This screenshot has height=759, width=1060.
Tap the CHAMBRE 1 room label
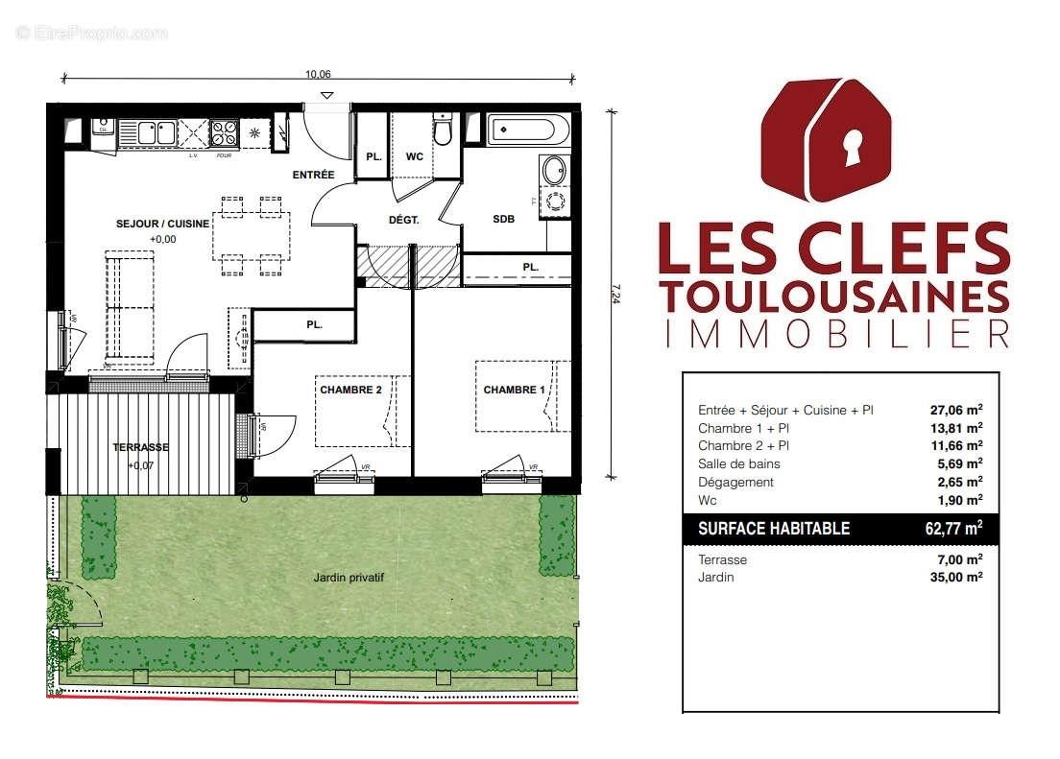coord(513,390)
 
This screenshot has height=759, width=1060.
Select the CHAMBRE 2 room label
coord(350,390)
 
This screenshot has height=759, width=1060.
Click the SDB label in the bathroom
coord(504,219)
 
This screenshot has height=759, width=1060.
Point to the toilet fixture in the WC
coord(442,130)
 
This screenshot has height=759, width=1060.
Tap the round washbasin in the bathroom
coord(554,170)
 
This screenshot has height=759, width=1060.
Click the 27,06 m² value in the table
coord(956,410)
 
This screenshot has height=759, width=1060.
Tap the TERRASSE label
coord(140,447)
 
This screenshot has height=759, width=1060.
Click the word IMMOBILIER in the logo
coord(835,333)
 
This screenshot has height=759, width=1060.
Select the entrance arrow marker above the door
coord(327,95)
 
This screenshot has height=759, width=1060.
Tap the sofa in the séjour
coord(130,304)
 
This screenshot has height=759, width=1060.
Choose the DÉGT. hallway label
coord(403,220)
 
